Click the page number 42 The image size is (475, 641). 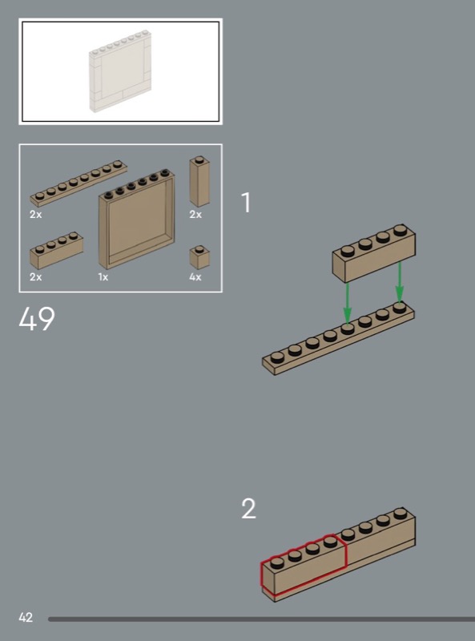[26, 617]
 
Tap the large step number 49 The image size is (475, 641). [36, 319]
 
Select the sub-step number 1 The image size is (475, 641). [246, 203]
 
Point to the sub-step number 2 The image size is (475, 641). [248, 509]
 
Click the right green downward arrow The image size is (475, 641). [400, 283]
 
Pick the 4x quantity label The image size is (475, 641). [195, 277]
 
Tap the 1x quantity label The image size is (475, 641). [103, 277]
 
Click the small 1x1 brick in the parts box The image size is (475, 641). [199, 257]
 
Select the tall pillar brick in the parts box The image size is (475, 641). [199, 182]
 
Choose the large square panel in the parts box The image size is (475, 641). [136, 219]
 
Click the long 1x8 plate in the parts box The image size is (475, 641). [78, 183]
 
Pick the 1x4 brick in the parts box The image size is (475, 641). [56, 250]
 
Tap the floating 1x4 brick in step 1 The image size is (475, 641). [373, 253]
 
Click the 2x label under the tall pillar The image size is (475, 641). [195, 215]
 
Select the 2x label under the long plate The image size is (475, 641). [35, 215]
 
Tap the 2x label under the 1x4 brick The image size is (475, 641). [35, 277]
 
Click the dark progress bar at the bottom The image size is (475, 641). [262, 619]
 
